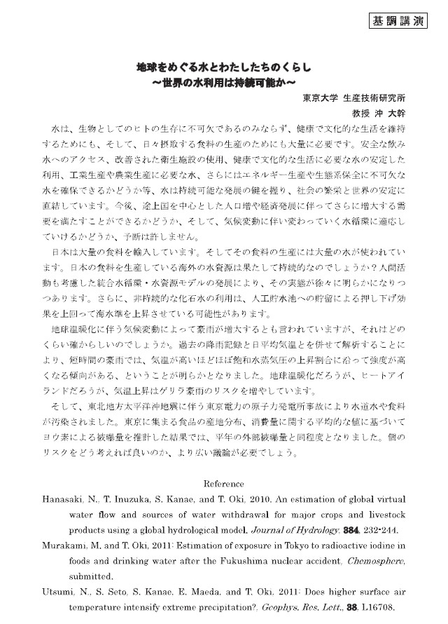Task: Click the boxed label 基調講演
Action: pyautogui.click(x=398, y=22)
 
